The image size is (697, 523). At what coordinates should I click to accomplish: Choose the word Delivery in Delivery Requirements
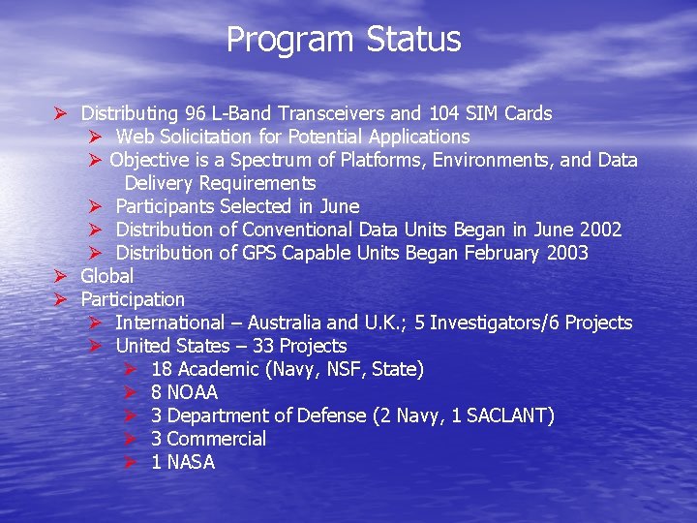pyautogui.click(x=159, y=183)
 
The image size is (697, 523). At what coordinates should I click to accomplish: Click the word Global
pyautogui.click(x=107, y=276)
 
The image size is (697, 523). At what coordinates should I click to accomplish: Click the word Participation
pyautogui.click(x=133, y=299)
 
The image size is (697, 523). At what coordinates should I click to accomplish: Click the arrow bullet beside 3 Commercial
pyautogui.click(x=132, y=439)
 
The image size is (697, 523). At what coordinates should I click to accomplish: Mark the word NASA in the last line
pyautogui.click(x=191, y=462)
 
